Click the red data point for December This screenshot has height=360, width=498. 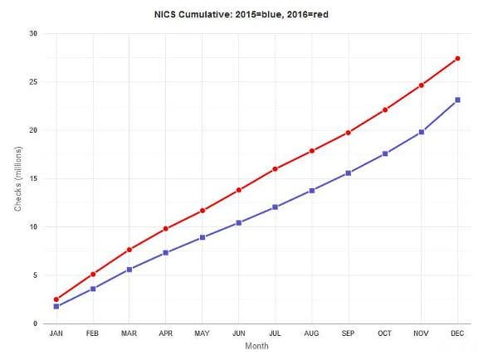(457, 58)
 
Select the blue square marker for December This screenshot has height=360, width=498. (457, 100)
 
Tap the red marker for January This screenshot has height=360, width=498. (56, 299)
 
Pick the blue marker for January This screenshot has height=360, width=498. (56, 306)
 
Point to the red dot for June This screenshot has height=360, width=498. (238, 190)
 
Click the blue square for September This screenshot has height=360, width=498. (348, 173)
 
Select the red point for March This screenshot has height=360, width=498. (129, 250)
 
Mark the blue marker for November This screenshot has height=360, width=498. (421, 132)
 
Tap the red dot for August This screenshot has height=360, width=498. (311, 151)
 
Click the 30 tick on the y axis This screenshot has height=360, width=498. (33, 34)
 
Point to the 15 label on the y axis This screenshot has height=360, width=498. (33, 178)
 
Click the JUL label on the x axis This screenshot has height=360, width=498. (275, 333)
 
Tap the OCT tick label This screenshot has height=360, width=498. (384, 333)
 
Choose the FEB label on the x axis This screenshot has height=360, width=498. (92, 333)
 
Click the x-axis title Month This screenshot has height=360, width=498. (256, 347)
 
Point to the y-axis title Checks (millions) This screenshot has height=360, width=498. (17, 178)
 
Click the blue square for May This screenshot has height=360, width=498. (202, 237)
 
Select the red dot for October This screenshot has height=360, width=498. (384, 109)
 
